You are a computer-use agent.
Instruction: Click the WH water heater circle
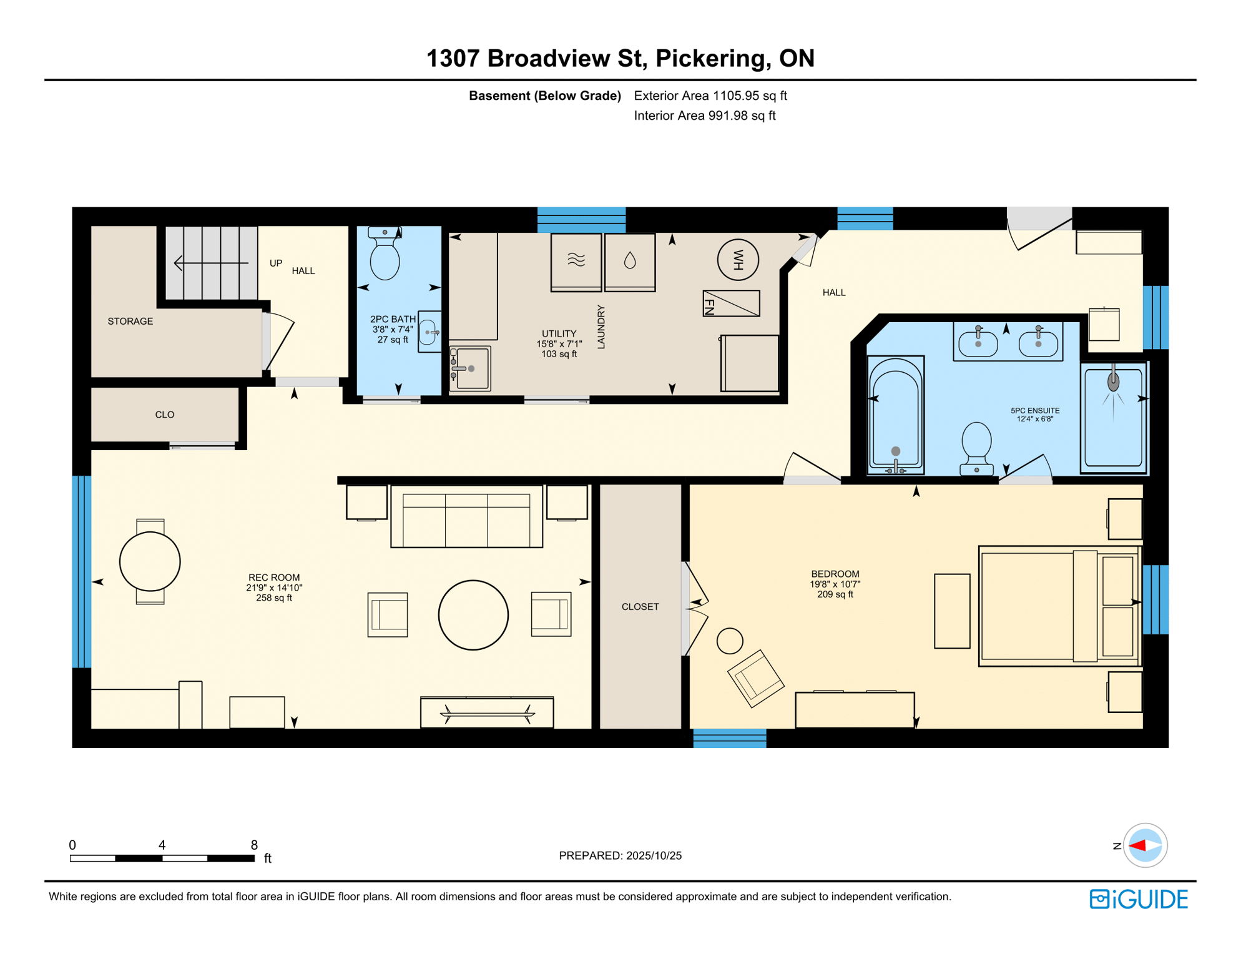[x=738, y=260]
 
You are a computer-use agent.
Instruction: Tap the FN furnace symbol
[x=731, y=303]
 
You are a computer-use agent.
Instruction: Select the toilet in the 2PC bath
[x=385, y=256]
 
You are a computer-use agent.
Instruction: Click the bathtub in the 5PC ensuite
[x=895, y=415]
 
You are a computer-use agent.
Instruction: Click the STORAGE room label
[x=130, y=321]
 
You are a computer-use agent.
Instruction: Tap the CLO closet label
[x=164, y=415]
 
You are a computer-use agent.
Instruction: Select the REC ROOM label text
[x=274, y=578]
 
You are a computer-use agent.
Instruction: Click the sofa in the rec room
[x=466, y=517]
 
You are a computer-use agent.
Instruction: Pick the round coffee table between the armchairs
[x=473, y=615]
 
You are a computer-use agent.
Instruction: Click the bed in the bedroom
[x=1058, y=606]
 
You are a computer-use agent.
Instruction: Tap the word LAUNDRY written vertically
[x=601, y=327]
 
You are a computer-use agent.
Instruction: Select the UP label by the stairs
[x=275, y=263]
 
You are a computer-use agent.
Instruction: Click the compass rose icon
[x=1145, y=845]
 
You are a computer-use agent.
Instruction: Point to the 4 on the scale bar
[x=162, y=845]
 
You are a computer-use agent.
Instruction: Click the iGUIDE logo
[x=1139, y=899]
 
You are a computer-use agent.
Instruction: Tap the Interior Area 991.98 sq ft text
[x=704, y=116]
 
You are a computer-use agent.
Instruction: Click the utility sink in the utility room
[x=471, y=368]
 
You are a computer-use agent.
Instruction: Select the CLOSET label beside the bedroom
[x=640, y=607]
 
